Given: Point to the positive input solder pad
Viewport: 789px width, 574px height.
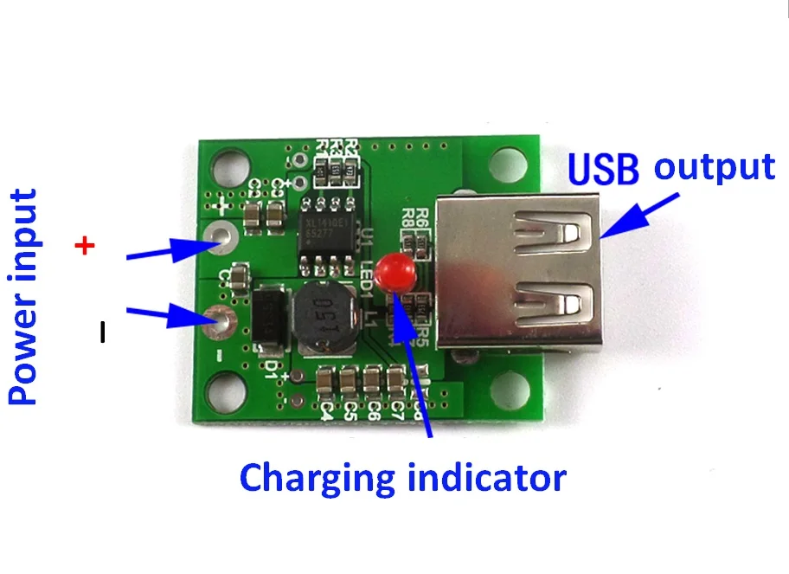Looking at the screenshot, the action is click(x=220, y=236).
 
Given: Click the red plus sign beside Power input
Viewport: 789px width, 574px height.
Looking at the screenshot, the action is click(x=85, y=247).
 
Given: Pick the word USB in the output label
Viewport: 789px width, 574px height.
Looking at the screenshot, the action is click(x=603, y=168).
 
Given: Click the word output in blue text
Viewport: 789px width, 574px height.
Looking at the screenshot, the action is click(x=714, y=166).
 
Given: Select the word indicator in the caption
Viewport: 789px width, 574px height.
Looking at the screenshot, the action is click(x=490, y=476).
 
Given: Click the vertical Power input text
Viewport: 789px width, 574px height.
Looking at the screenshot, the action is click(x=23, y=298).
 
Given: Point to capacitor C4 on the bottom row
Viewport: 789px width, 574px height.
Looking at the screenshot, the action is click(x=327, y=382).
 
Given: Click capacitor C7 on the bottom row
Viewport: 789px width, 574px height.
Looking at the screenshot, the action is click(x=396, y=381).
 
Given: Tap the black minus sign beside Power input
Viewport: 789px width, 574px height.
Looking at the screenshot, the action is click(x=102, y=332).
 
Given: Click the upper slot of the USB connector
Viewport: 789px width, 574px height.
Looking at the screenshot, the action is click(x=554, y=230).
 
